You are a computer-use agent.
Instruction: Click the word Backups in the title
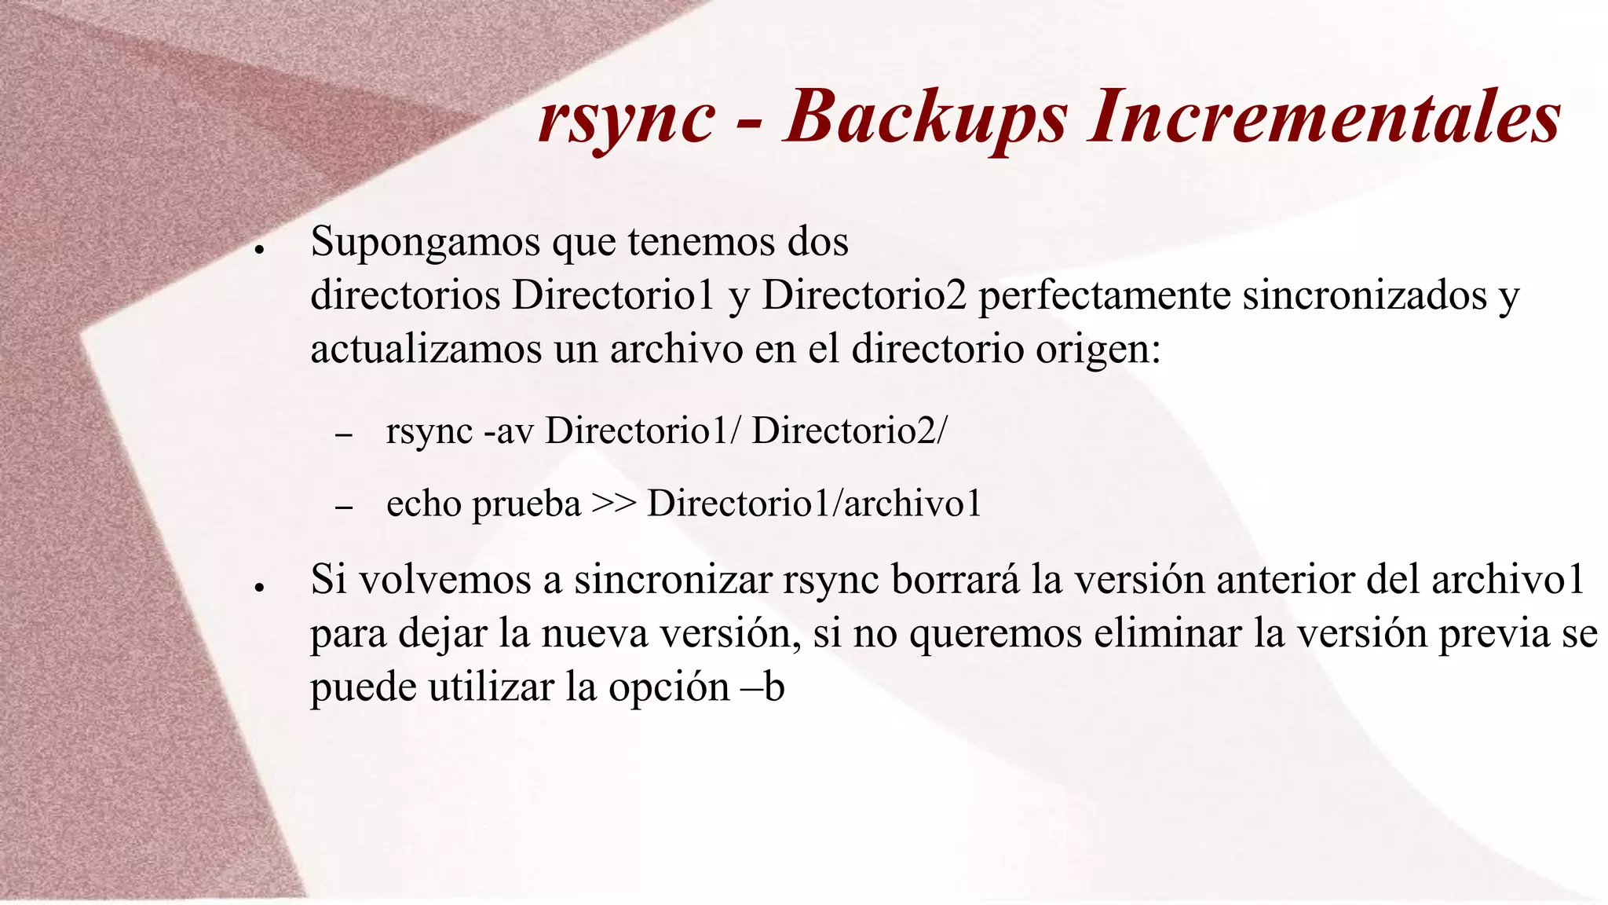[x=926, y=119]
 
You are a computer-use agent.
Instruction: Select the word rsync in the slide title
[x=627, y=119]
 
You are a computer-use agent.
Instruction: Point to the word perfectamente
[x=1105, y=296]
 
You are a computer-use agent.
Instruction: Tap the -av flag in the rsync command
[x=508, y=431]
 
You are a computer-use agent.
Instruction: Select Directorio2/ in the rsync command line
[x=849, y=431]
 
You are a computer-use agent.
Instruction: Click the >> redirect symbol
[x=613, y=504]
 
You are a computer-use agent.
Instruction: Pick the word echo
[x=423, y=504]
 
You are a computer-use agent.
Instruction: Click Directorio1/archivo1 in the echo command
[x=814, y=504]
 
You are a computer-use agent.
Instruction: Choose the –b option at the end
[x=763, y=687]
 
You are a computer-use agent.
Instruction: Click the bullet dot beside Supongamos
[x=258, y=249]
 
